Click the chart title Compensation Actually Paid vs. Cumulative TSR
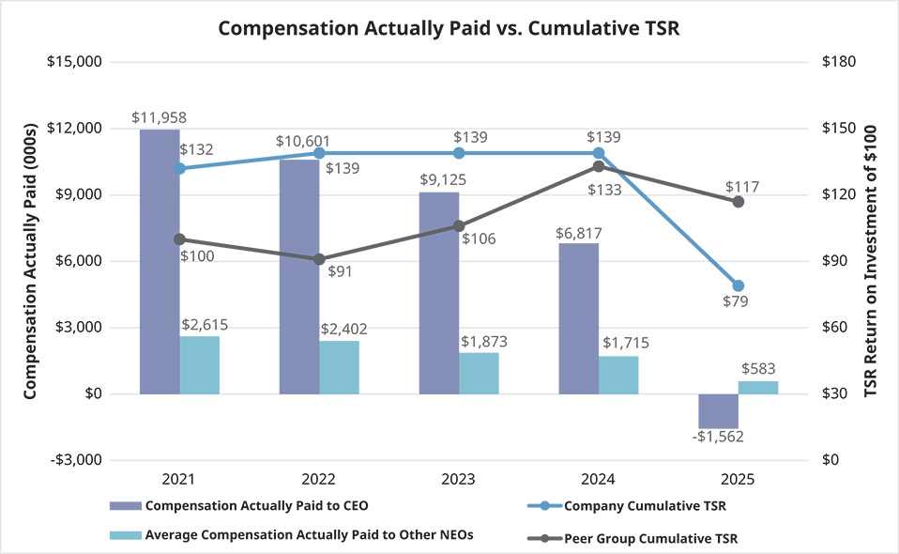[x=449, y=28]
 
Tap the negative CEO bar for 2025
[x=719, y=410]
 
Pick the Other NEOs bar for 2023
[x=479, y=373]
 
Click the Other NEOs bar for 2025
[x=758, y=387]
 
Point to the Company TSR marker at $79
[x=739, y=285]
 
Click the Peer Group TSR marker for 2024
[x=599, y=166]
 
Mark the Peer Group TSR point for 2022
[x=319, y=259]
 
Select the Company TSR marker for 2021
[x=179, y=168]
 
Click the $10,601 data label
[x=301, y=141]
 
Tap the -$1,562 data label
[x=718, y=437]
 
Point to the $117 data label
[x=740, y=186]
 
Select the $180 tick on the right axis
[x=838, y=62]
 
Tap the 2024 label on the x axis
[x=599, y=479]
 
